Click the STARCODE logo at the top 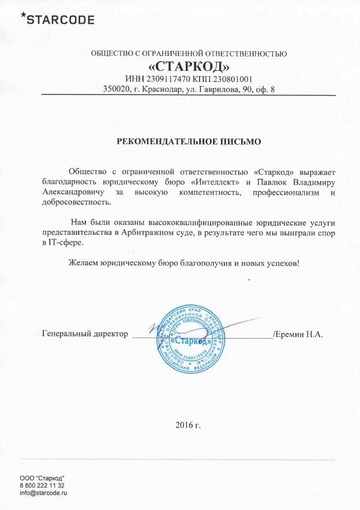tap(57, 20)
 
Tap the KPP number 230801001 tap(234, 78)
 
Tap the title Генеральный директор tap(85, 334)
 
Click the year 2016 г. tap(188, 425)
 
